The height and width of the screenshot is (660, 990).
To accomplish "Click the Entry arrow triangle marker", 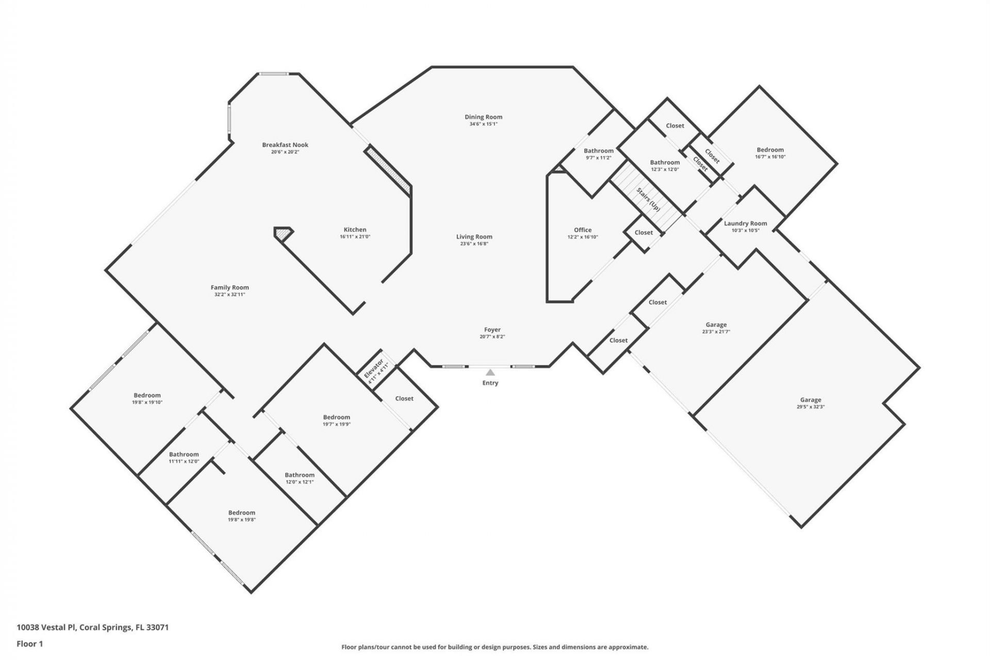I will click(x=490, y=372).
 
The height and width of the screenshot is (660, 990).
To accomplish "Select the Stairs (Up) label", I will click(x=648, y=199).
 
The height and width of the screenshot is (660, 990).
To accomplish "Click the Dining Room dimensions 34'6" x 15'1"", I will click(x=483, y=124).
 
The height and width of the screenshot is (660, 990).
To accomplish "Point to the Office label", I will click(x=583, y=230).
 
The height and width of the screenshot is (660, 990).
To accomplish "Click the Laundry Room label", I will click(x=745, y=223).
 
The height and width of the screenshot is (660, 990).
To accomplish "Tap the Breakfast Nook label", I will click(x=285, y=145).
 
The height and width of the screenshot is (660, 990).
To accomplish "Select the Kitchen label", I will click(x=355, y=229).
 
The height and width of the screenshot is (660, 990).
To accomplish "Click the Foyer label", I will click(x=492, y=329).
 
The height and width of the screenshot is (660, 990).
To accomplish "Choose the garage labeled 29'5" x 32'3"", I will click(x=811, y=400).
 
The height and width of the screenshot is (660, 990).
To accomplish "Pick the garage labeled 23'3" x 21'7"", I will click(x=716, y=325).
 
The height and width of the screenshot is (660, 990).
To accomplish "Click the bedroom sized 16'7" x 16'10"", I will click(x=770, y=150).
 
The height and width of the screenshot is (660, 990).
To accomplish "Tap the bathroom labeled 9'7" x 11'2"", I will click(x=599, y=151).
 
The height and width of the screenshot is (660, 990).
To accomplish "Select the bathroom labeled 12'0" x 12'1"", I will click(x=300, y=475).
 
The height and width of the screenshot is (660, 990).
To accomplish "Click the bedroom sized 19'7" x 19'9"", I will click(x=336, y=417).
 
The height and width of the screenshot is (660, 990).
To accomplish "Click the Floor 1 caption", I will click(x=30, y=643).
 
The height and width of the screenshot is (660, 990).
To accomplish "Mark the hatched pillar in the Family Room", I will click(x=282, y=234).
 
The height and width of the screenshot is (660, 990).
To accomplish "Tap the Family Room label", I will click(x=229, y=288).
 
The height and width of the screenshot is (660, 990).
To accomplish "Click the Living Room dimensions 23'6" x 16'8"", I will click(x=474, y=244).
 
